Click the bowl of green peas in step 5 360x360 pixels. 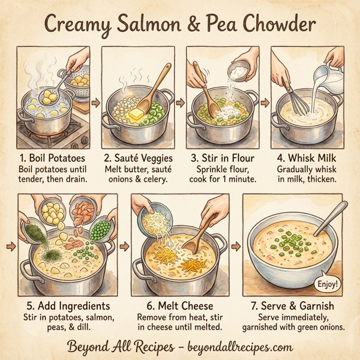tap(101, 229)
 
